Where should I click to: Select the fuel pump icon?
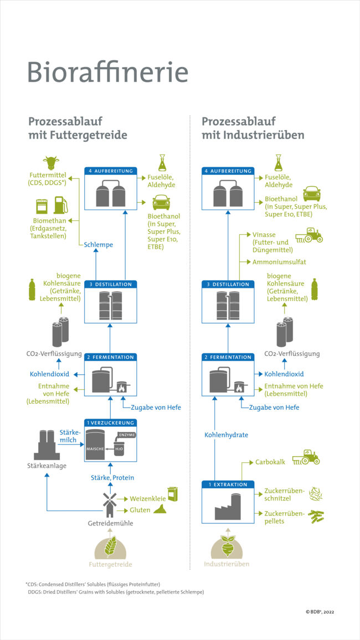(x=60, y=205)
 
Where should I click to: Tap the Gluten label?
(x=140, y=510)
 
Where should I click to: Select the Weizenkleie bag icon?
(x=172, y=494)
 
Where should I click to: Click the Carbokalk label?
(x=270, y=462)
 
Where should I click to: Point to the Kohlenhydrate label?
(x=226, y=435)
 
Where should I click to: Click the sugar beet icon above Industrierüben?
(x=227, y=545)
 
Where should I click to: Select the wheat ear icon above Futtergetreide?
(x=110, y=546)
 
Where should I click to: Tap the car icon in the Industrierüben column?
(x=312, y=193)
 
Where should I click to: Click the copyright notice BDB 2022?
(x=320, y=612)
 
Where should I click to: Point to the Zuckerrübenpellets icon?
(x=316, y=516)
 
